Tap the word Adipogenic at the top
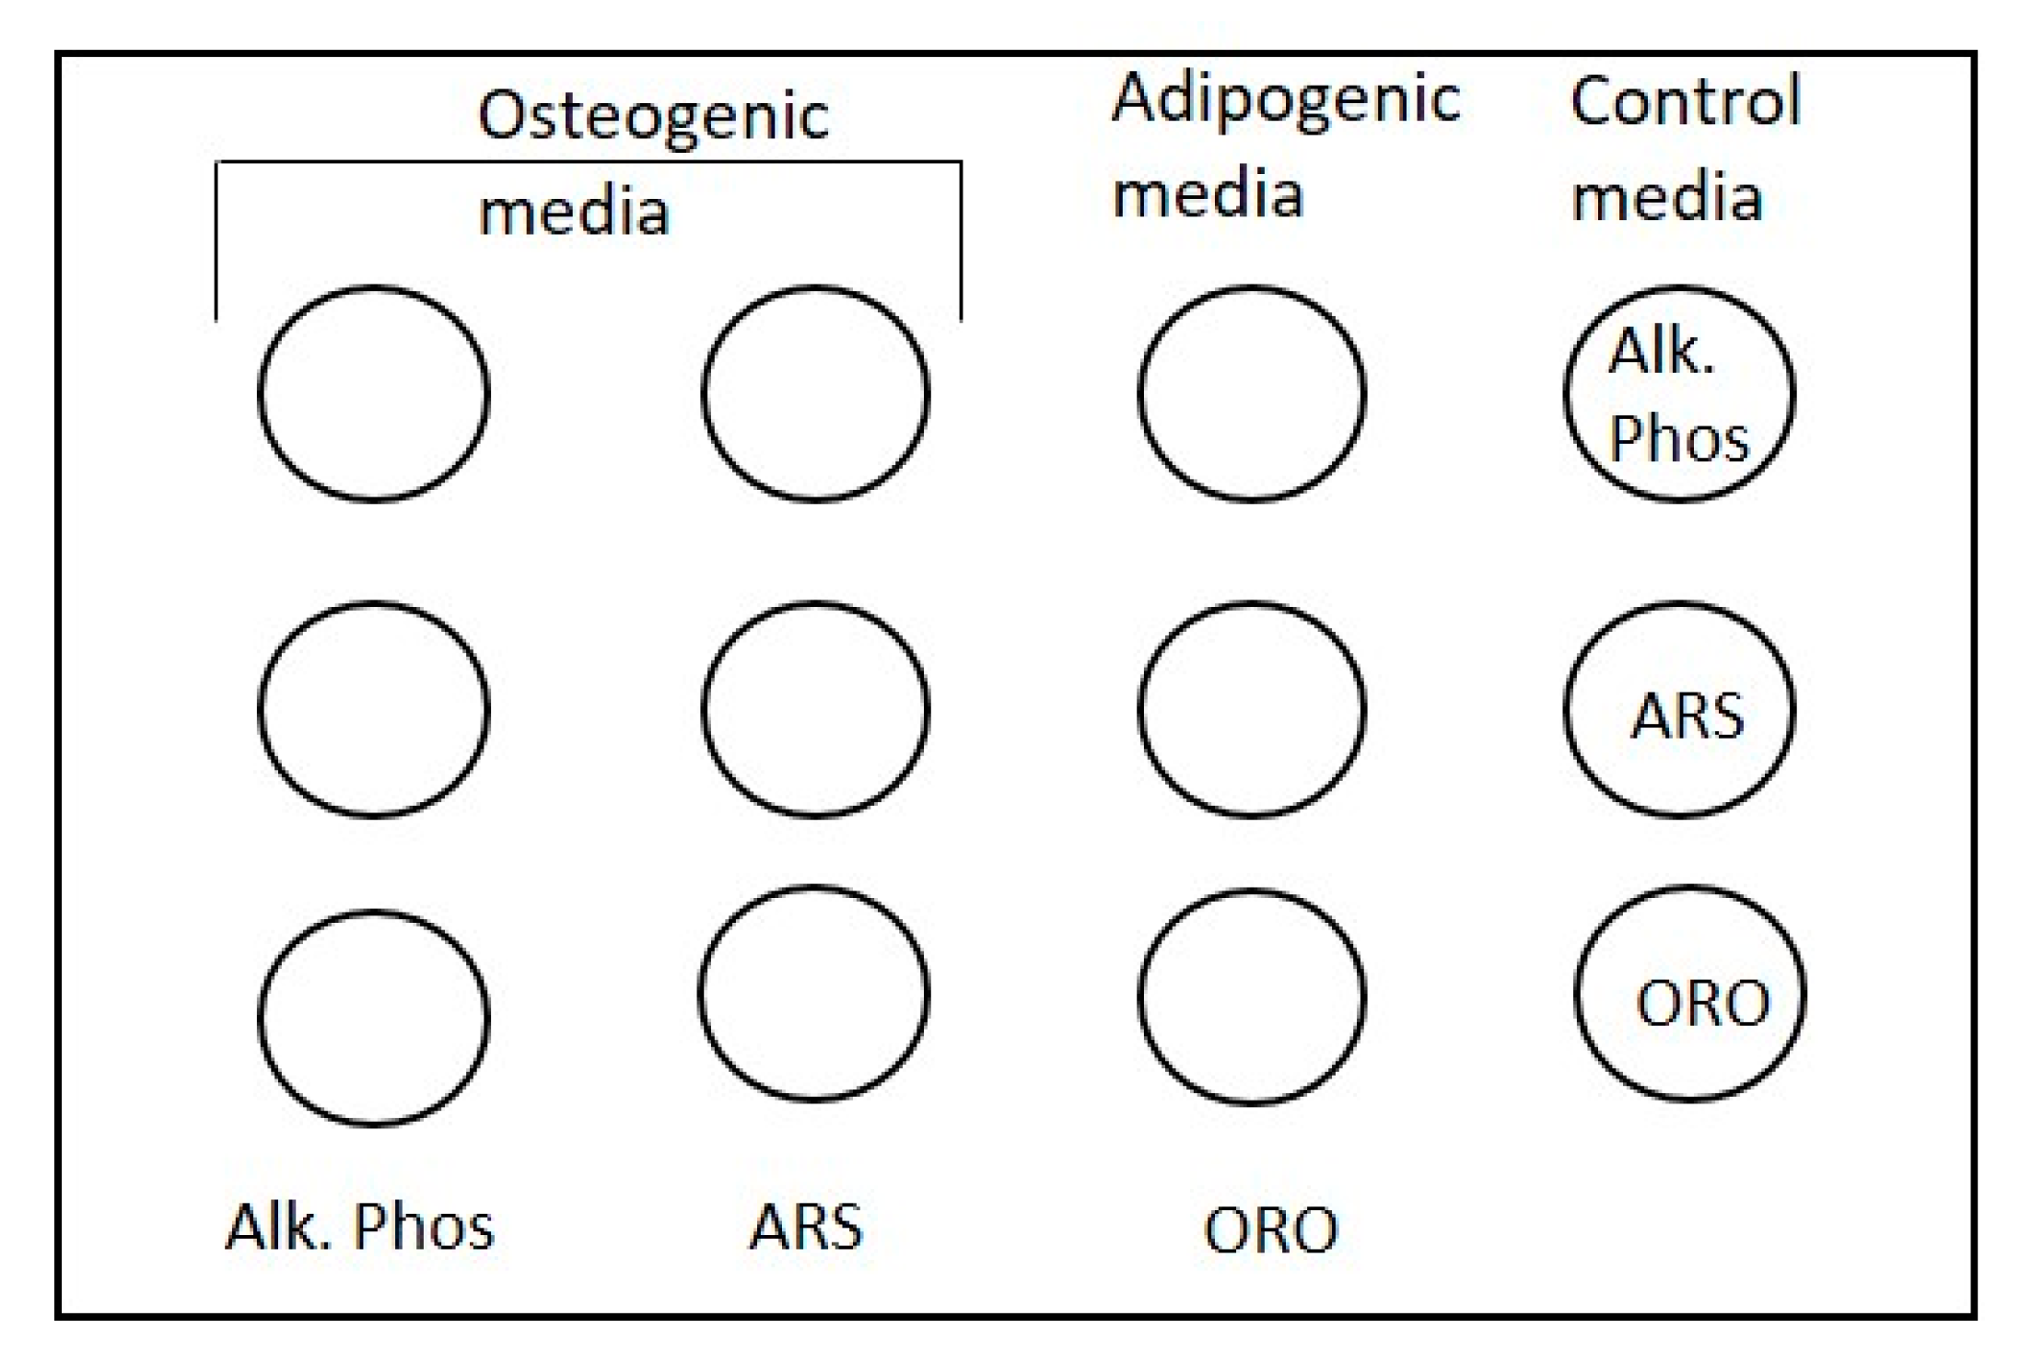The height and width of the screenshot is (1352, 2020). pyautogui.click(x=1285, y=99)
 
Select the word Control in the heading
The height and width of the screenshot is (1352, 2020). pyautogui.click(x=1685, y=100)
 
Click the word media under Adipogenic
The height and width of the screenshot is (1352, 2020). pyautogui.click(x=1208, y=194)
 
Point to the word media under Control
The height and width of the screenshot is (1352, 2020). pyautogui.click(x=1665, y=198)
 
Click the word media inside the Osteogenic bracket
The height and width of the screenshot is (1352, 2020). pyautogui.click(x=573, y=212)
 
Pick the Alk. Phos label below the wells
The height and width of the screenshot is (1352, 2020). pyautogui.click(x=359, y=1227)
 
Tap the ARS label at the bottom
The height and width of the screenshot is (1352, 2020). pyautogui.click(x=806, y=1227)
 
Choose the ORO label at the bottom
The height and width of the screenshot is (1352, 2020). pyautogui.click(x=1270, y=1230)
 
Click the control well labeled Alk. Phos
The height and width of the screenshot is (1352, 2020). pyautogui.click(x=1678, y=393)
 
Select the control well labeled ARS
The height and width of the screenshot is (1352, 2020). pyautogui.click(x=1678, y=710)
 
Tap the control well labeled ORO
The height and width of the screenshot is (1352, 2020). pyautogui.click(x=1689, y=995)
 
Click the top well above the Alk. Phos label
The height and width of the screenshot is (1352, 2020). pyautogui.click(x=373, y=393)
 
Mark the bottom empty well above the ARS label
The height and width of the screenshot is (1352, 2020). pyautogui.click(x=813, y=994)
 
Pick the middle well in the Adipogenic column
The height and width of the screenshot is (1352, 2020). pyautogui.click(x=1252, y=710)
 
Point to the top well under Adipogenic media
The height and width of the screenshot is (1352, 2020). pyautogui.click(x=1252, y=393)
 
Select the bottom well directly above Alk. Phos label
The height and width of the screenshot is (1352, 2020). pyautogui.click(x=373, y=1018)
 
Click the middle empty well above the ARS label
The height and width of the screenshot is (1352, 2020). pyautogui.click(x=815, y=710)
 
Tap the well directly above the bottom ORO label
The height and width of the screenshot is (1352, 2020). pyautogui.click(x=1252, y=997)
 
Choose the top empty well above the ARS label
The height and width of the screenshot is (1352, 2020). pyautogui.click(x=815, y=393)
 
